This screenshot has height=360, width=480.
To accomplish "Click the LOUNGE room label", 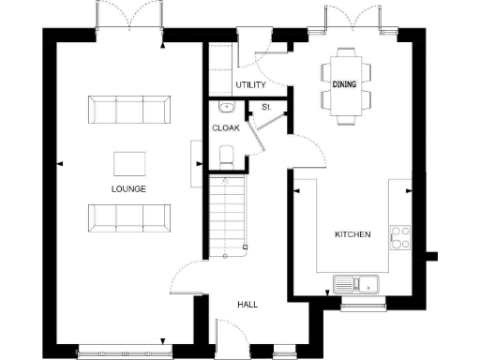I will coord(128,188).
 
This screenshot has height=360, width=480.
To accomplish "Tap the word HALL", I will coord(247,305).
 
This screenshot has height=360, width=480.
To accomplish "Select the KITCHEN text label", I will coord(352,233).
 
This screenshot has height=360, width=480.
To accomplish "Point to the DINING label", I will coord(344,84).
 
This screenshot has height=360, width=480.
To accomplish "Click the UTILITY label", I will coord(250,85).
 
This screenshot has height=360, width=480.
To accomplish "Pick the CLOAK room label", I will coord(225,128).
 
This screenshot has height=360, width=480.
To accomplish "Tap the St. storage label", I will coord(266,107).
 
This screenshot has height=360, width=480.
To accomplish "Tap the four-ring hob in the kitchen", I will coord(400,236).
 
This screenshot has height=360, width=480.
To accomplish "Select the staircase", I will coord(226,216).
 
